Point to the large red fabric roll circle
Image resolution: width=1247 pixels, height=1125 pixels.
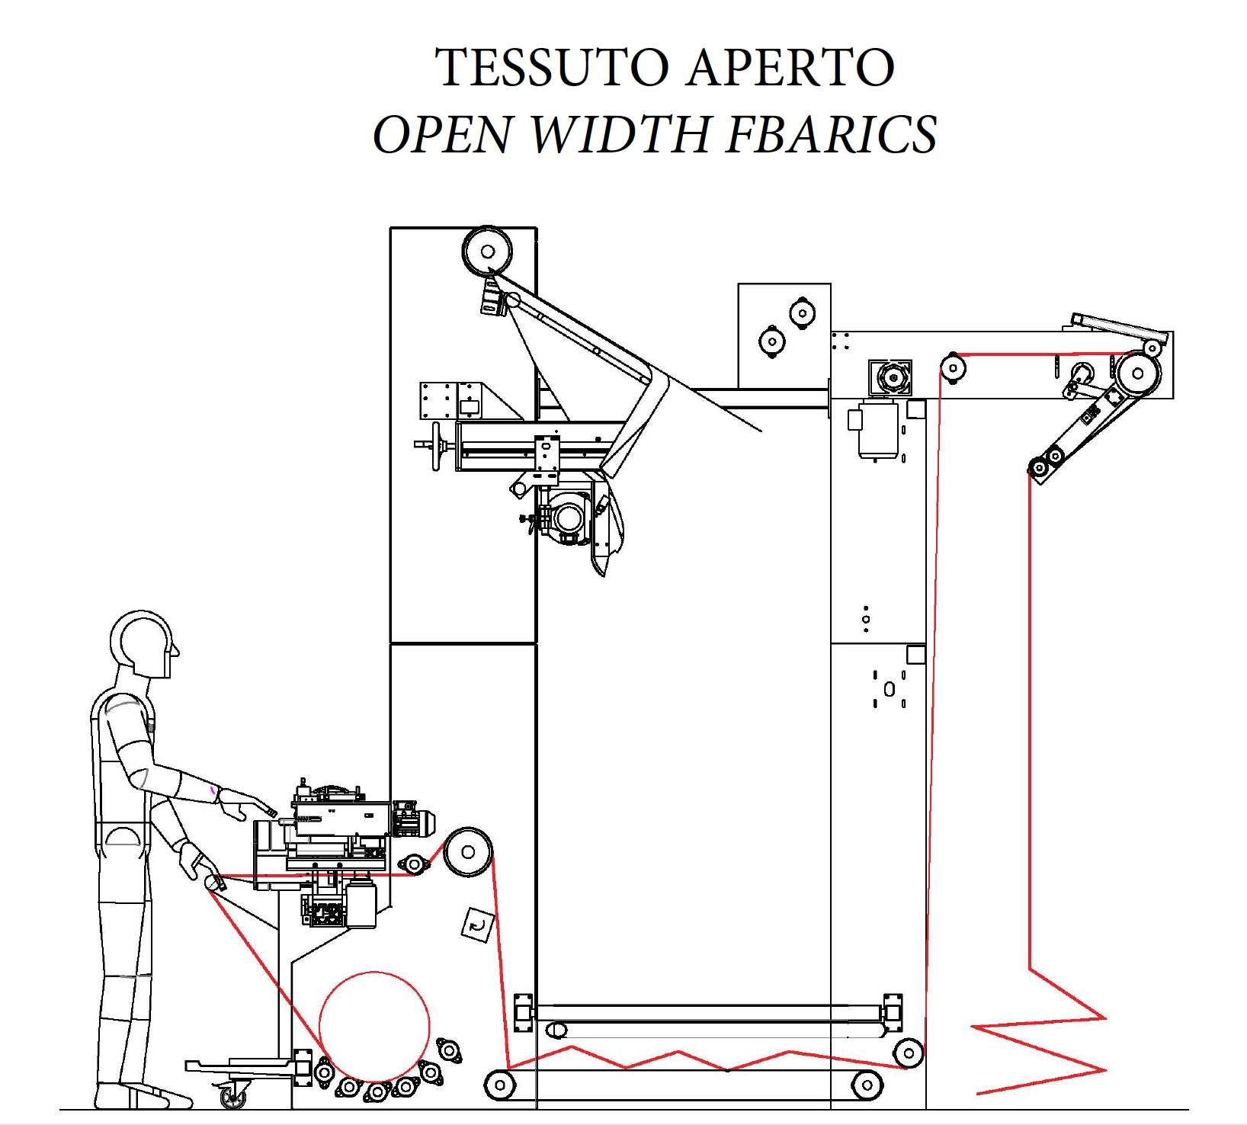[x=374, y=1026]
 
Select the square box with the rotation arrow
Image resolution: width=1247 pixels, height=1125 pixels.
[x=478, y=925]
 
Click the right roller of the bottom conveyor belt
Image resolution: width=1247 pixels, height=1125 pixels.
[x=867, y=1083]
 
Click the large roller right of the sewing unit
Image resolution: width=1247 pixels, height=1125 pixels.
[x=468, y=851]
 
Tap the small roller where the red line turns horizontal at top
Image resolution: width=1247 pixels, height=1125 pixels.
[x=953, y=367]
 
